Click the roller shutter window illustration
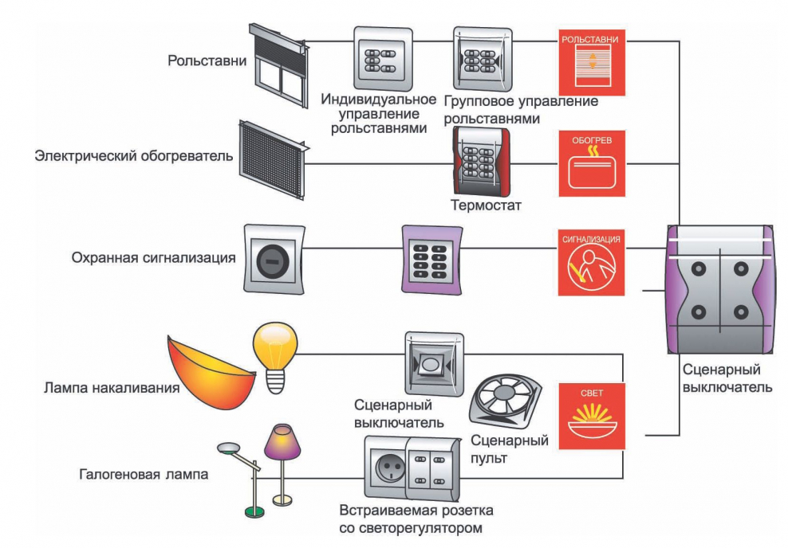point(278,65)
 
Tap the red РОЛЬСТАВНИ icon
point(590,63)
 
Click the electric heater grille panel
point(272,159)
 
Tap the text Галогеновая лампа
point(144,475)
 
